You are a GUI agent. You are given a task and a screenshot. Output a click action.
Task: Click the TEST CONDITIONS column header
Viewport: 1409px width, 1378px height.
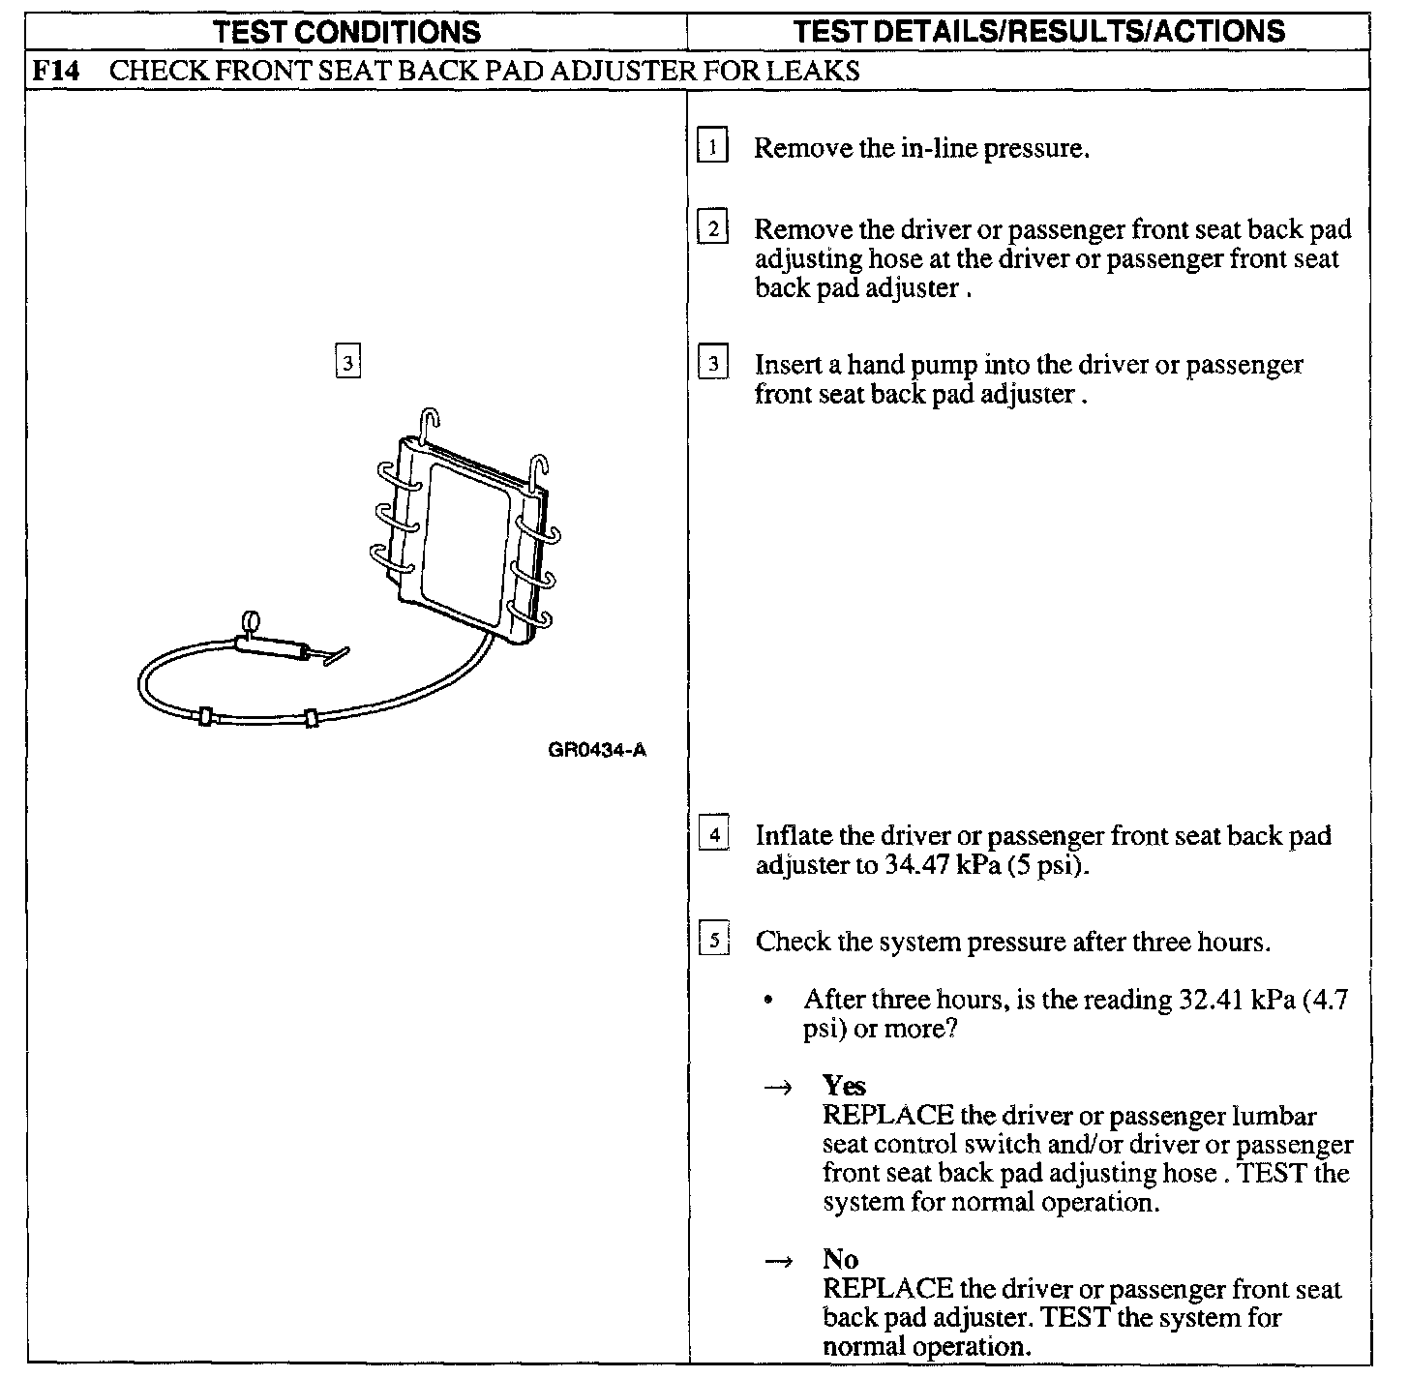[347, 32]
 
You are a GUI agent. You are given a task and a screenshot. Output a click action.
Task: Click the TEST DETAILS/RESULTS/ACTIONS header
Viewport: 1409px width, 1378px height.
[1038, 32]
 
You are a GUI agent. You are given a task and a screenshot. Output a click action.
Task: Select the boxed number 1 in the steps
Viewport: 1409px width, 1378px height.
[712, 148]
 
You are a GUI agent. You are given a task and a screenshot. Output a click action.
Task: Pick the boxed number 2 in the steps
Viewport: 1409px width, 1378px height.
[713, 229]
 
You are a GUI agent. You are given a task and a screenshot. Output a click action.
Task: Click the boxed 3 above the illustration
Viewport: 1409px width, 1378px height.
[347, 363]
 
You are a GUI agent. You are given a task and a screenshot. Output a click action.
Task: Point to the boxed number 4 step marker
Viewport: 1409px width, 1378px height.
[714, 835]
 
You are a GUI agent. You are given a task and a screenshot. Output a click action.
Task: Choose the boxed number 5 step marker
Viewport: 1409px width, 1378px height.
[714, 941]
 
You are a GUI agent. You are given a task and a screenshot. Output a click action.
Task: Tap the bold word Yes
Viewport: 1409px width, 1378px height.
[844, 1085]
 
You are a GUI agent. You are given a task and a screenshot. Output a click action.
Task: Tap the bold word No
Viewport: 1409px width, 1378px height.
[840, 1259]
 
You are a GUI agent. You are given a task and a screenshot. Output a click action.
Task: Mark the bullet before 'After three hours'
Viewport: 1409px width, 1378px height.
[768, 1001]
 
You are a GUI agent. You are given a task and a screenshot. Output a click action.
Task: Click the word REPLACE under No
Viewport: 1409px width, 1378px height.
[888, 1289]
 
